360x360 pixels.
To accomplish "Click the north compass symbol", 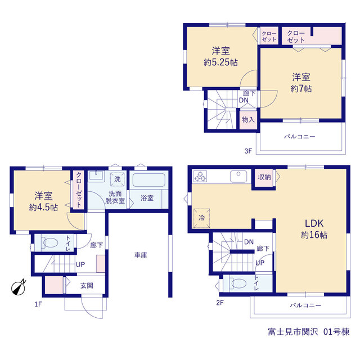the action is click(x=19, y=287).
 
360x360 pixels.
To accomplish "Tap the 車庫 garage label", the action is click(x=141, y=255).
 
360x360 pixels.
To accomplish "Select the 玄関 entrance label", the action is click(x=87, y=286).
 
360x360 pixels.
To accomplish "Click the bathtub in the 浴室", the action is click(x=148, y=180).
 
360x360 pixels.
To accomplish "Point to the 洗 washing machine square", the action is click(x=118, y=179).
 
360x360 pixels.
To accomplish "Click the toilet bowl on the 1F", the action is click(x=50, y=242).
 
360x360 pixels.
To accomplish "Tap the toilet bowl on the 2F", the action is click(x=239, y=283).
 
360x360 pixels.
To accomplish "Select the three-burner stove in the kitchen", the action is click(x=200, y=176).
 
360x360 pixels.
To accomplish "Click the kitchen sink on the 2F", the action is click(x=238, y=176).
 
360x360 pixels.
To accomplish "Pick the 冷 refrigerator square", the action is click(x=201, y=218).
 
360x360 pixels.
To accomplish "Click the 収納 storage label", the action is click(x=264, y=177).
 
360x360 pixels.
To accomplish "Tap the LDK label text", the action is click(x=314, y=223).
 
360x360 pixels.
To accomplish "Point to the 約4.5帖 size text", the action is click(x=43, y=208).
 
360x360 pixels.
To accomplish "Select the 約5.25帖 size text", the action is click(x=220, y=62).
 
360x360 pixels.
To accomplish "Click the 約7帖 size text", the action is click(x=301, y=89).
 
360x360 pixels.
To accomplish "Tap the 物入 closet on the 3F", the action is click(x=248, y=120).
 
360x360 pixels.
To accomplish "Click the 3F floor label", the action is click(x=248, y=151).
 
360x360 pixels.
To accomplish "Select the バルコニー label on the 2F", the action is click(x=305, y=305).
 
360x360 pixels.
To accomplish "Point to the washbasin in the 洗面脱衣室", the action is click(x=96, y=175).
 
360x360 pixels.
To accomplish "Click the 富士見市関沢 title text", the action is click(x=293, y=332).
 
